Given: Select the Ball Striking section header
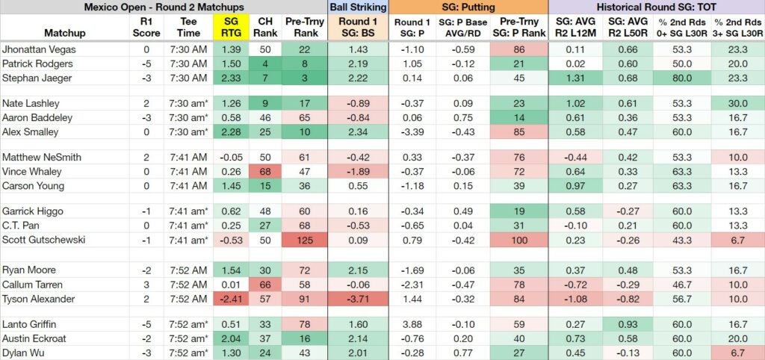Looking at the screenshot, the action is tap(358, 7).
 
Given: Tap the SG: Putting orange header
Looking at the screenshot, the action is tap(468, 7).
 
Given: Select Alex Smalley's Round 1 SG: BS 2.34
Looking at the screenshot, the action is tap(358, 132).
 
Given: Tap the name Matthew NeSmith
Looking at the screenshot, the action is tap(42, 157).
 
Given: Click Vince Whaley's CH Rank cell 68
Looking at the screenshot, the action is tap(265, 172).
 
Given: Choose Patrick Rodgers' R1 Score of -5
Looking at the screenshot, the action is tap(146, 64).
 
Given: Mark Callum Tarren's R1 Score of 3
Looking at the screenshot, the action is tap(146, 285).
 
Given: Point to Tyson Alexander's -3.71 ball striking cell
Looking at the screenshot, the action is tap(358, 299).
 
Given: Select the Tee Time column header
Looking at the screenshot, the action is tap(189, 28).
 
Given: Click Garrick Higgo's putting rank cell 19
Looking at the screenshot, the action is tap(518, 211).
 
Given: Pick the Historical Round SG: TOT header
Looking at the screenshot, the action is tap(656, 7).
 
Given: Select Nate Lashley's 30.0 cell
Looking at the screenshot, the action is tap(737, 103).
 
